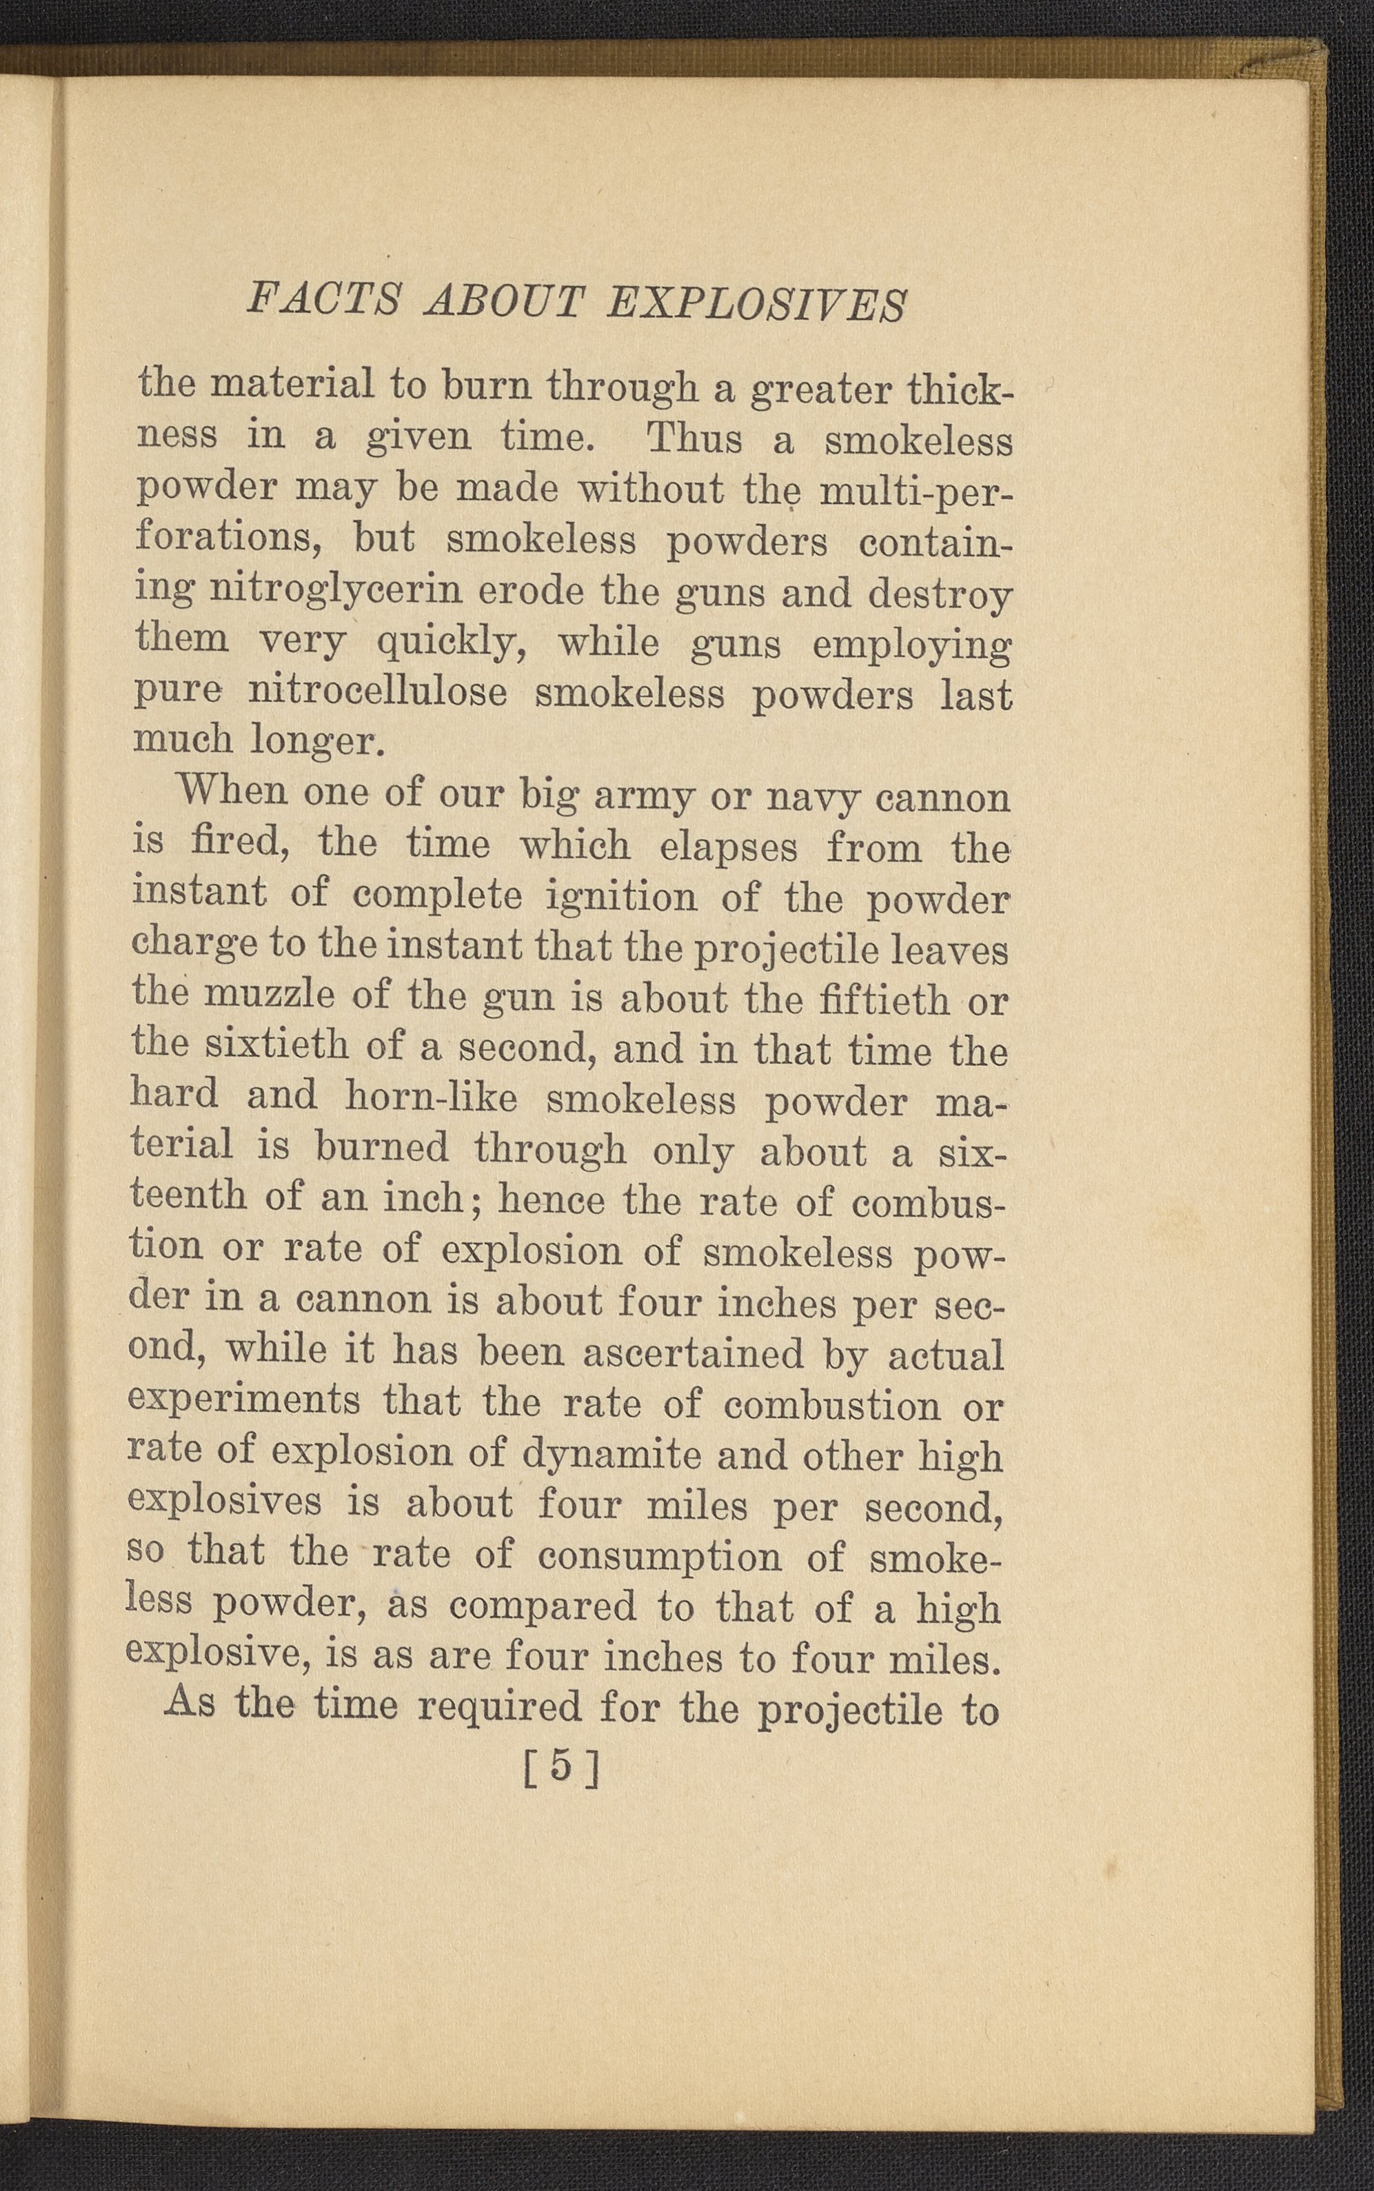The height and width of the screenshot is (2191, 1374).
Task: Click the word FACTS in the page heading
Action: pyautogui.click(x=323, y=301)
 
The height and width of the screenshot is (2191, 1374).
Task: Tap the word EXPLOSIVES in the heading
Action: pyautogui.click(x=757, y=305)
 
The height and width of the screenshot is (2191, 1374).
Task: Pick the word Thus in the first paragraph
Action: pyautogui.click(x=694, y=440)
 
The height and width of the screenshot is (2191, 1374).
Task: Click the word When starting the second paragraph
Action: pyautogui.click(x=231, y=792)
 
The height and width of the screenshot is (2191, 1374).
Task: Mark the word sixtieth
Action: pyautogui.click(x=276, y=1047)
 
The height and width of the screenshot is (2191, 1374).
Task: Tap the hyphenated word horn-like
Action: pyautogui.click(x=431, y=1098)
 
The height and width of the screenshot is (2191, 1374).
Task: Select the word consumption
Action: pyautogui.click(x=659, y=1557)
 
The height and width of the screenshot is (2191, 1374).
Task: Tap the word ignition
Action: pyautogui.click(x=623, y=898)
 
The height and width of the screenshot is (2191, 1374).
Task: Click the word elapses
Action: pyautogui.click(x=729, y=847)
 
